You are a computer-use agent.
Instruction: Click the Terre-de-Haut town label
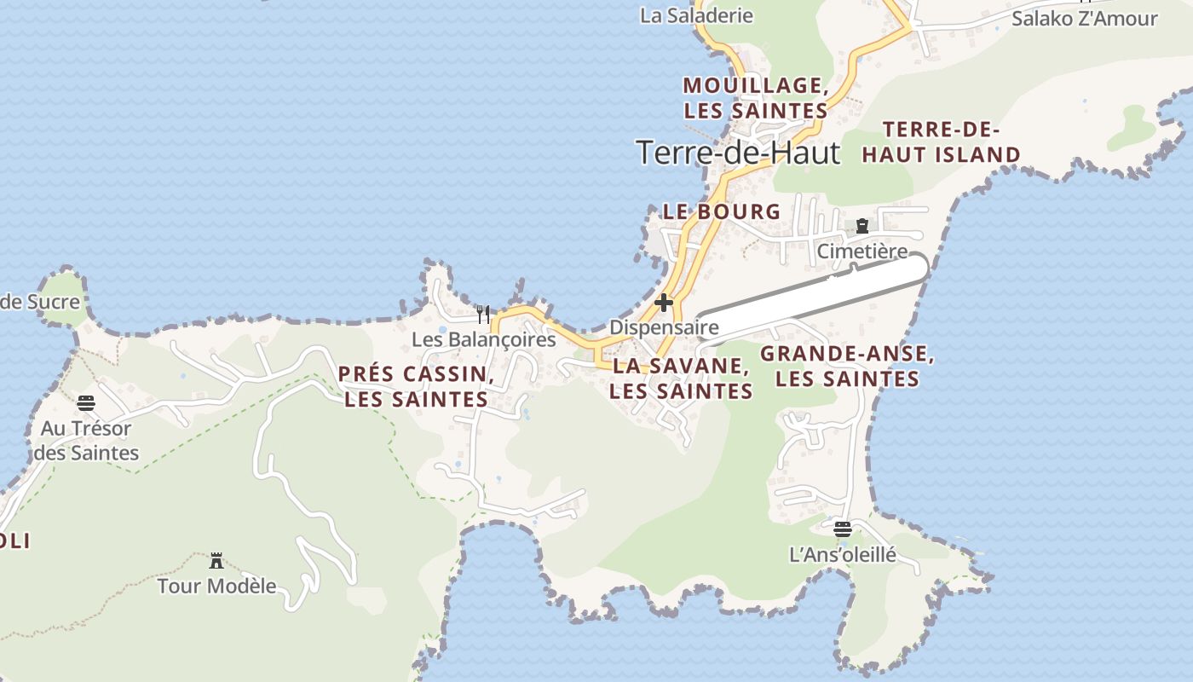tap(738, 153)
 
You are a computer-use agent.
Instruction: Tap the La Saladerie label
tap(696, 15)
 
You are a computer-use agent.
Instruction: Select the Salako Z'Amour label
tap(1084, 18)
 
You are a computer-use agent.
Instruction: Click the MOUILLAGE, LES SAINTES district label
tap(755, 98)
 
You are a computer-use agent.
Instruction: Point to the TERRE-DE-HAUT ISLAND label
tap(941, 142)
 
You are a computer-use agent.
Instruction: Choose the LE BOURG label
tap(721, 211)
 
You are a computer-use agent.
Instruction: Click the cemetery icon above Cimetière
tap(862, 226)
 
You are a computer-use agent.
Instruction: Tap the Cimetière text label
tap(862, 251)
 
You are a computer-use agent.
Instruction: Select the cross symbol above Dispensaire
tap(664, 303)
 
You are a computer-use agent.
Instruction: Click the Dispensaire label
tap(664, 327)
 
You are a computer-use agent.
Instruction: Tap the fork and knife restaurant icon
tap(483, 315)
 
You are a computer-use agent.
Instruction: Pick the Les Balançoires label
tap(483, 339)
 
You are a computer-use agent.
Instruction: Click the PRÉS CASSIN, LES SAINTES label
tap(416, 386)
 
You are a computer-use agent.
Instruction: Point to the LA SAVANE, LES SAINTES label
tap(681, 379)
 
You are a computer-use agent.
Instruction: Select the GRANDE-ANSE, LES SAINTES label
tap(847, 367)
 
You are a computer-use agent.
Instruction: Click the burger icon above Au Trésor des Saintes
tap(86, 403)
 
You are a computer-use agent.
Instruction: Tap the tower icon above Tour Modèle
tap(216, 561)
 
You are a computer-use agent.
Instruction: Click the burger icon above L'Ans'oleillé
tap(843, 529)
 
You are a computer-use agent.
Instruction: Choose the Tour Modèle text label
tap(216, 587)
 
